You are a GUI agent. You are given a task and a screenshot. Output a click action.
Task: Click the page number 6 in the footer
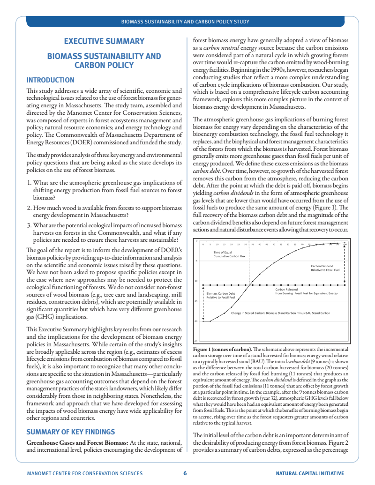click(x=185, y=473)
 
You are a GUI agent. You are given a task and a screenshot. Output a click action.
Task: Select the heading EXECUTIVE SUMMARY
click(x=104, y=41)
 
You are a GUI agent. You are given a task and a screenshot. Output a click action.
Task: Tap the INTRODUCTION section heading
click(x=50, y=80)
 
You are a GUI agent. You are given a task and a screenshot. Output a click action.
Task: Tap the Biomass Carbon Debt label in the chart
click(x=220, y=296)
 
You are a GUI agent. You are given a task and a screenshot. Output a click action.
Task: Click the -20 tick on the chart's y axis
click(x=196, y=321)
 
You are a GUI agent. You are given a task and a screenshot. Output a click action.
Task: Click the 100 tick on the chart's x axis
click(x=345, y=244)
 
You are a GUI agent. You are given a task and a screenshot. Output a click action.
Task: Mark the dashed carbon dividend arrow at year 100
click(x=345, y=265)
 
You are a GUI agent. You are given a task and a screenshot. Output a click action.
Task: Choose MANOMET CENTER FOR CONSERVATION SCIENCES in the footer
click(x=85, y=473)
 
